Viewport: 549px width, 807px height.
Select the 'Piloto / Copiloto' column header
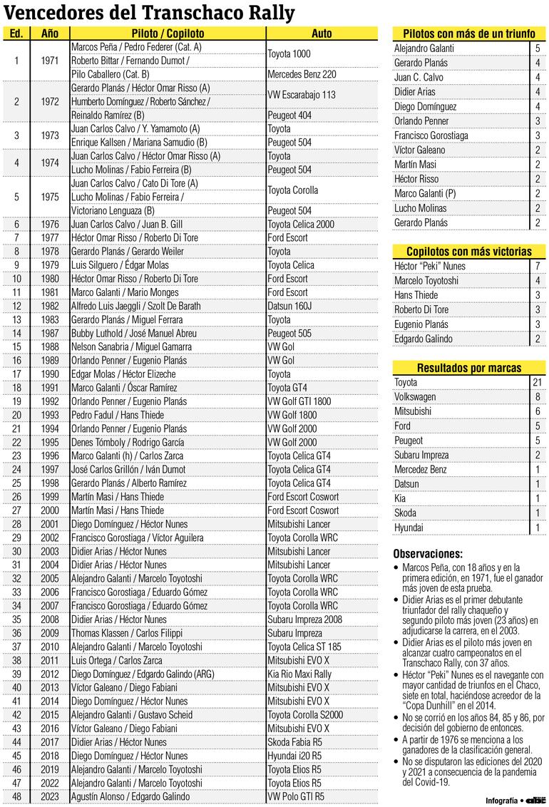pyautogui.click(x=168, y=34)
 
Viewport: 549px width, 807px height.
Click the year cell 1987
pyautogui.click(x=50, y=333)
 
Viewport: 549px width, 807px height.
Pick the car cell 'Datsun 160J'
pyautogui.click(x=292, y=306)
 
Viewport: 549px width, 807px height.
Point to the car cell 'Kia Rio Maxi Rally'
pyautogui.click(x=299, y=674)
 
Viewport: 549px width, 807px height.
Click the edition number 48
pyautogui.click(x=16, y=796)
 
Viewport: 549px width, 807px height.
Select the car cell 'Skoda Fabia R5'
pyautogui.click(x=294, y=741)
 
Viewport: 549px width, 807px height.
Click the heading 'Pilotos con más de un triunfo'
pyautogui.click(x=469, y=34)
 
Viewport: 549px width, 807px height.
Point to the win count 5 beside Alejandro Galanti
pyautogui.click(x=537, y=48)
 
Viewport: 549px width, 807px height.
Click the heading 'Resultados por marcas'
pyautogui.click(x=469, y=368)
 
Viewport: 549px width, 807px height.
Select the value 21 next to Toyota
pyautogui.click(x=537, y=382)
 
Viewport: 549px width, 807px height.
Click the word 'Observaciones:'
pyautogui.click(x=427, y=554)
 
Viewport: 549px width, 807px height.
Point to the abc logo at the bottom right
pyautogui.click(x=535, y=800)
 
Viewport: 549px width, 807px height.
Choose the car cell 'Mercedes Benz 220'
pyautogui.click(x=302, y=74)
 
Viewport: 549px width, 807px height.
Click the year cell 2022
pyautogui.click(x=50, y=783)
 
